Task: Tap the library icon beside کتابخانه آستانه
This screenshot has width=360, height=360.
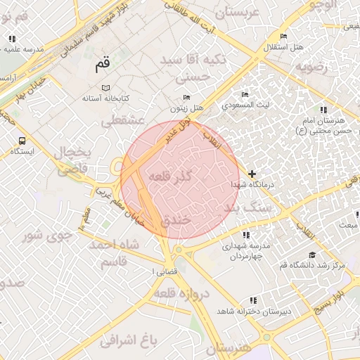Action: coord(105,87)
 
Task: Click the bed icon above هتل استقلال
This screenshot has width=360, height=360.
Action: coord(283,37)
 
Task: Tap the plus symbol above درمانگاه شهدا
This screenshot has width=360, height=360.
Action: coord(252,173)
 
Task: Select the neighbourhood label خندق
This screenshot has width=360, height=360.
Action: coord(176,220)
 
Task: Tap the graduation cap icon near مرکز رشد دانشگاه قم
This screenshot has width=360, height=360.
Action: coord(311,255)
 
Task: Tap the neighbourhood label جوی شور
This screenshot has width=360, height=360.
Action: coord(46,234)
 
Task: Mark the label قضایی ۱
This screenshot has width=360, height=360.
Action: coord(165,271)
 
